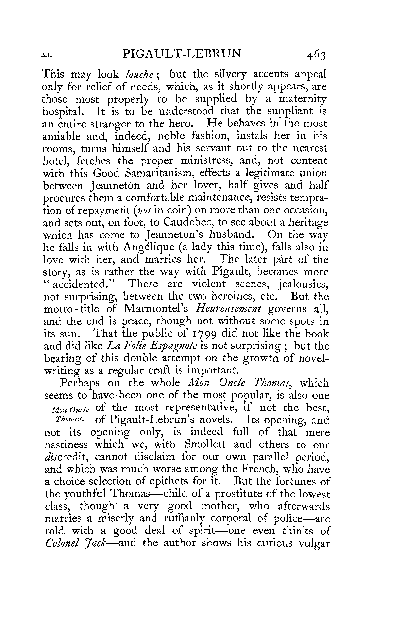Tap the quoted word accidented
[x=83, y=284]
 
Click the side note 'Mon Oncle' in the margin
[x=70, y=410]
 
